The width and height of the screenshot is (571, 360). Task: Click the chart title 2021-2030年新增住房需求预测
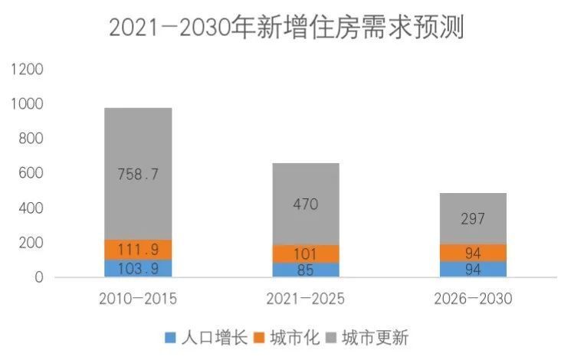(x=286, y=28)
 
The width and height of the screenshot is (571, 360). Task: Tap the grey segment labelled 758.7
(x=138, y=174)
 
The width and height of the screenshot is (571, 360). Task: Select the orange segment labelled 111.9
(x=138, y=250)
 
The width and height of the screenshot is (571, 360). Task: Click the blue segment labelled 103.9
(x=138, y=268)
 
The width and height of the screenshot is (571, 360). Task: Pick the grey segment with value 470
(x=305, y=204)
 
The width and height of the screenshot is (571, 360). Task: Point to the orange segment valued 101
(x=305, y=254)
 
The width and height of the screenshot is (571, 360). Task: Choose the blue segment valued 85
(x=305, y=270)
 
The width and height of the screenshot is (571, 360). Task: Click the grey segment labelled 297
(x=472, y=219)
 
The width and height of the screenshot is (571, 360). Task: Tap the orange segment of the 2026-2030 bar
(x=472, y=253)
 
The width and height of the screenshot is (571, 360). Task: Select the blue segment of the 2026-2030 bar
(x=472, y=269)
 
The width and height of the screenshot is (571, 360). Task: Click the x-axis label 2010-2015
(x=138, y=299)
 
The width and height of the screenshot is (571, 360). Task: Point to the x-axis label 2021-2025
(x=305, y=299)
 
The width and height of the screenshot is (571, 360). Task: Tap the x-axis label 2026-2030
(x=472, y=299)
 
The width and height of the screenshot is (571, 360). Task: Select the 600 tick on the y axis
(x=31, y=174)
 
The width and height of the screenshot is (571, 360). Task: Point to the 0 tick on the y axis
(x=39, y=277)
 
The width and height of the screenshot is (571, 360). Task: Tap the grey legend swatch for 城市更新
(x=332, y=337)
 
